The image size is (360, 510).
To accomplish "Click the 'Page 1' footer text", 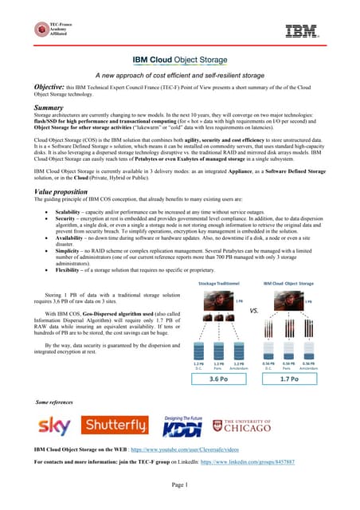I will [180, 484].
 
